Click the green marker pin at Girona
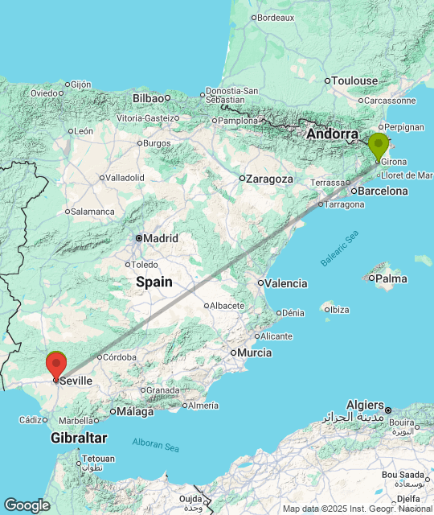click(x=378, y=146)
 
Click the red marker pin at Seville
click(x=56, y=365)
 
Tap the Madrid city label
click(x=161, y=238)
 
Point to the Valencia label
click(x=286, y=283)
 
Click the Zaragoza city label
click(x=270, y=179)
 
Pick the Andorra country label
click(x=332, y=134)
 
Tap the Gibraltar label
click(x=79, y=438)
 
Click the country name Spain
click(x=154, y=282)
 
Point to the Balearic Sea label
click(x=338, y=249)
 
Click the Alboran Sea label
click(x=157, y=445)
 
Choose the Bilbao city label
click(x=148, y=98)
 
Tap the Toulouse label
click(x=355, y=80)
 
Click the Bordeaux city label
click(x=276, y=17)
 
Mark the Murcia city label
click(x=253, y=352)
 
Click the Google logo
click(x=27, y=505)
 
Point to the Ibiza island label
click(x=339, y=310)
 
